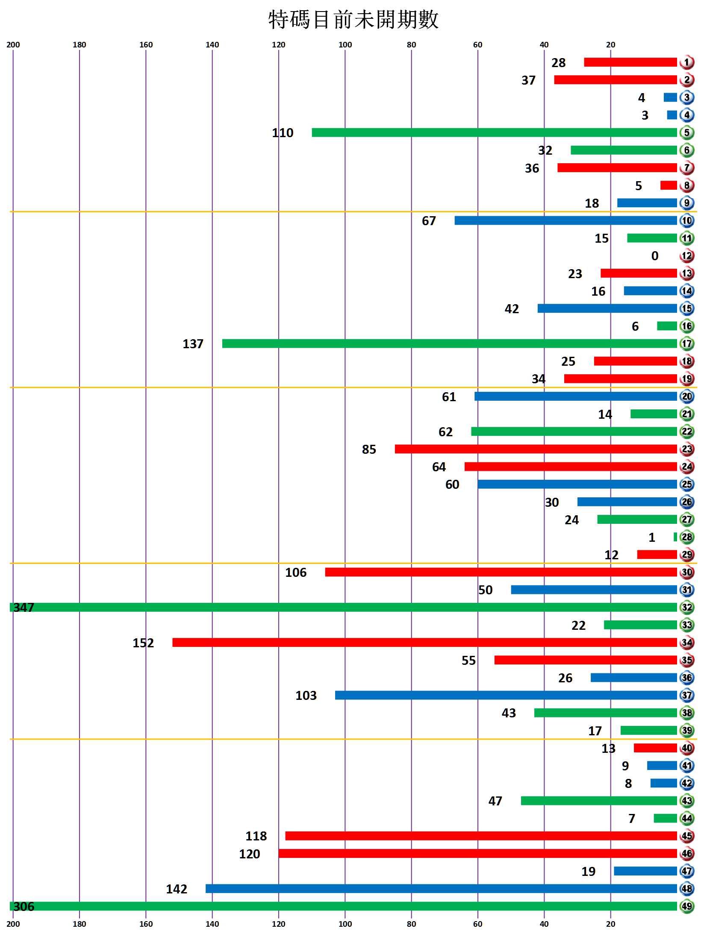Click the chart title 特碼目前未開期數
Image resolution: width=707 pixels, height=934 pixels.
click(353, 20)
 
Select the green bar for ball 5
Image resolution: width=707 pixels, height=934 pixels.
click(494, 132)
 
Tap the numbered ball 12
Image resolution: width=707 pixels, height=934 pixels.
click(686, 256)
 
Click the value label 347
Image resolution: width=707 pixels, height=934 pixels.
click(24, 607)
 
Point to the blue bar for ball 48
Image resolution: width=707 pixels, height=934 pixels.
click(441, 889)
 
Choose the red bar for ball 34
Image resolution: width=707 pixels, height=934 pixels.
click(424, 642)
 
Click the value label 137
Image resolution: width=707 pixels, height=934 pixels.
click(193, 344)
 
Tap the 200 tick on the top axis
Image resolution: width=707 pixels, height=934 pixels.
click(13, 45)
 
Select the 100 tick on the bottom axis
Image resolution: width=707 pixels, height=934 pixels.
click(345, 924)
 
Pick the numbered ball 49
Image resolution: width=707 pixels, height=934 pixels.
click(686, 906)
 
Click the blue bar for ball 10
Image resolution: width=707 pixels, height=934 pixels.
click(566, 220)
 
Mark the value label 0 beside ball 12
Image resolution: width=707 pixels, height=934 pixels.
click(654, 256)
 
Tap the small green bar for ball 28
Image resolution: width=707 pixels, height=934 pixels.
click(675, 537)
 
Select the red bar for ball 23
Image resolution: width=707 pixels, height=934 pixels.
click(536, 449)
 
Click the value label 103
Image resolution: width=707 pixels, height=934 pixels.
click(306, 695)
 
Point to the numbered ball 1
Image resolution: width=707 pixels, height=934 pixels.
click(686, 62)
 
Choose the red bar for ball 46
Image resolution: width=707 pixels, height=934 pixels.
click(477, 853)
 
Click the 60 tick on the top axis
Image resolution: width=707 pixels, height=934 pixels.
click(477, 45)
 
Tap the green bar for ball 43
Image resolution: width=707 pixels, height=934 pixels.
click(599, 801)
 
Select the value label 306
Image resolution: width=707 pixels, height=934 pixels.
click(24, 906)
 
